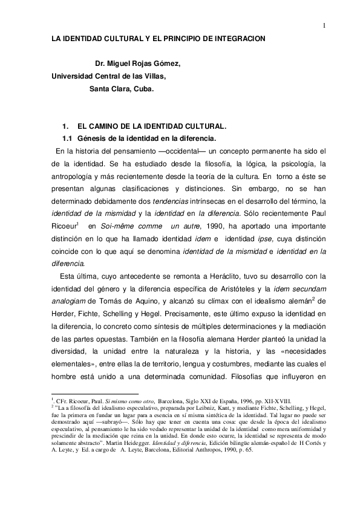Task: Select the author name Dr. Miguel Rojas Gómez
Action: [138, 63]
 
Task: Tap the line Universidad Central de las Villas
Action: [108, 76]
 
